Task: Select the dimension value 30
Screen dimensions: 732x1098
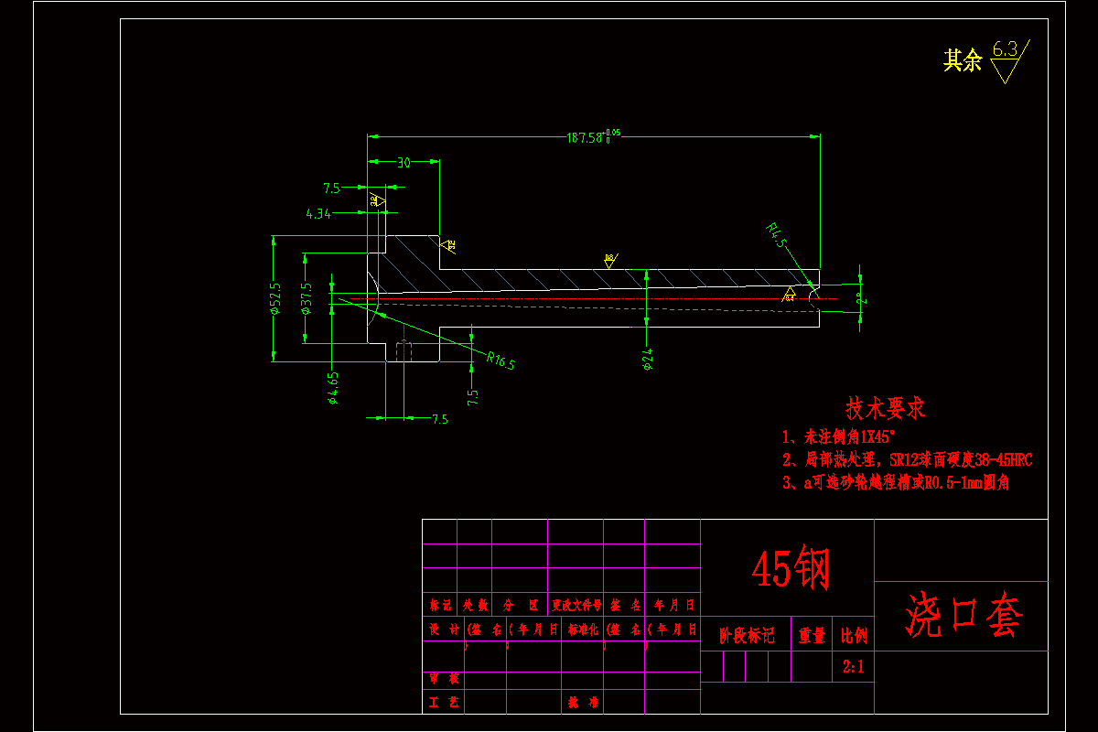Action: [x=404, y=163]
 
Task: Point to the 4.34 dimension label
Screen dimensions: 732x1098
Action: [x=318, y=213]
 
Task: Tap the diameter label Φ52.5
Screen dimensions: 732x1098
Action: [x=274, y=298]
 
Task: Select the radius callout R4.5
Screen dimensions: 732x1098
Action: [x=777, y=235]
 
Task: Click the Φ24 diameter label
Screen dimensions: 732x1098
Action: [x=648, y=360]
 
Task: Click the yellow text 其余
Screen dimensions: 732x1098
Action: [x=963, y=61]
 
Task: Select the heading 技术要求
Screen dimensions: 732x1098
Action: [x=886, y=408]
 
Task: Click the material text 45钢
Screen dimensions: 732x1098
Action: [x=791, y=569]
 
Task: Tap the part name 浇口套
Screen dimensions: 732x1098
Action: [x=963, y=615]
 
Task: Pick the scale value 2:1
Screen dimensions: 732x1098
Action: [x=853, y=668]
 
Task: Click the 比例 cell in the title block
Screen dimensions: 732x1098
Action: [x=853, y=635]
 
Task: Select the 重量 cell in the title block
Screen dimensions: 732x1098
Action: [x=812, y=635]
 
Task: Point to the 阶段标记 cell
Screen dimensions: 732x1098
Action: [x=747, y=635]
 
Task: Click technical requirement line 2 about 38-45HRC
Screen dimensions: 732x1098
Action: [x=906, y=459]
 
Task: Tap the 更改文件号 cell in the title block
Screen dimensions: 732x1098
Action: [x=576, y=605]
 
